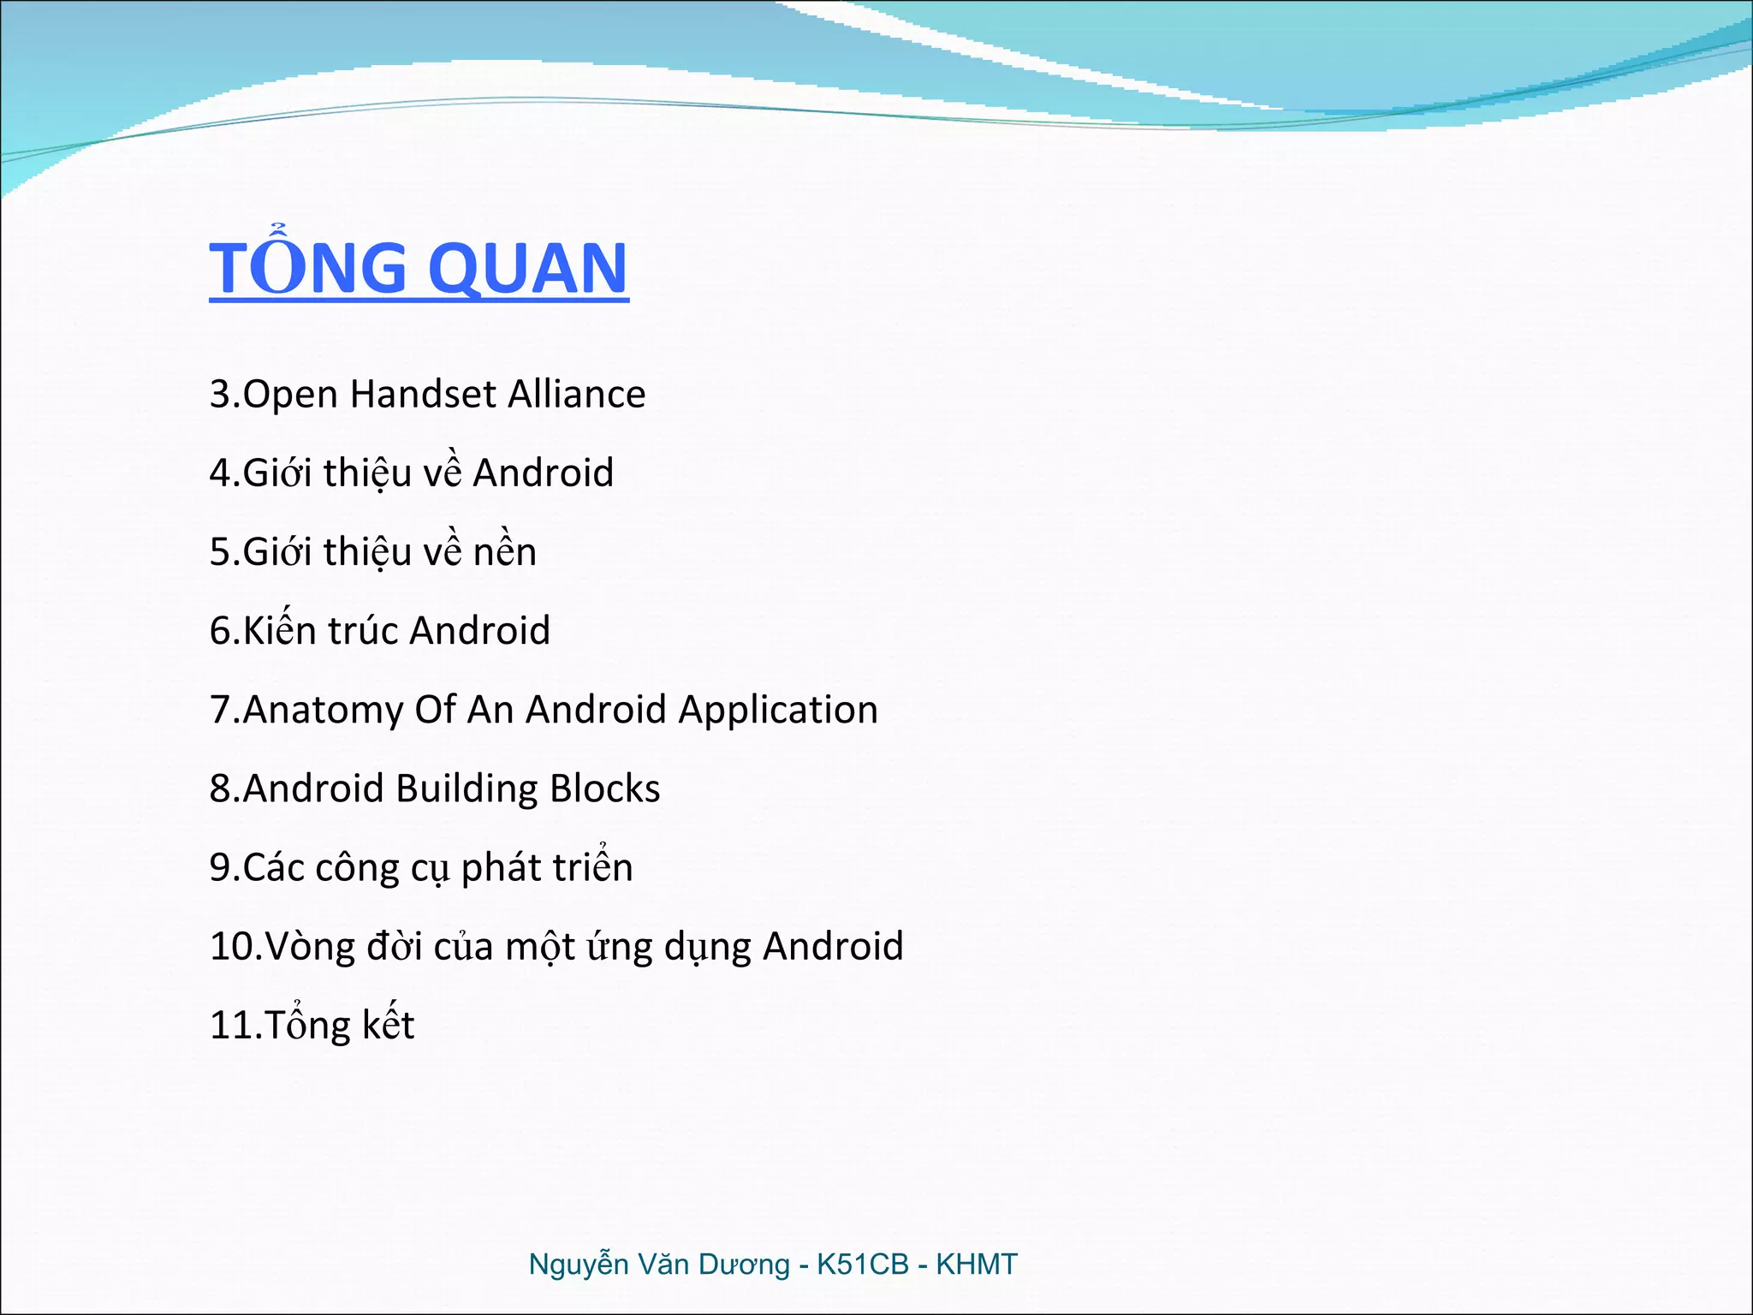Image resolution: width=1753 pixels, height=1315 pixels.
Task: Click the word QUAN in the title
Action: coord(527,269)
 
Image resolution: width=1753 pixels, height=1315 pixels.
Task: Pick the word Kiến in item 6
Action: coord(280,631)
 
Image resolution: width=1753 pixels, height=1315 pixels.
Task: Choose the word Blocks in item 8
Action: coord(604,789)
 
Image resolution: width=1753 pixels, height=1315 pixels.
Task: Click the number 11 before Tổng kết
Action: coord(231,1026)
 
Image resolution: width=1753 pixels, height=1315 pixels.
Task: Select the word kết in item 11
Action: coord(388,1025)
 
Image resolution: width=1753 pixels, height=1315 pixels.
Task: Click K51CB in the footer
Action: coord(862,1264)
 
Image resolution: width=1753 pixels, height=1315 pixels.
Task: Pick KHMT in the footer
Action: coord(976,1264)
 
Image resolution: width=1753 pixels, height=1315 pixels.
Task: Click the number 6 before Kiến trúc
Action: coord(220,632)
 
